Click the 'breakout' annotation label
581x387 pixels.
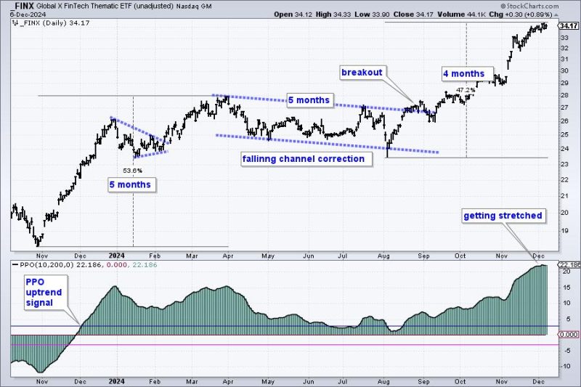(x=362, y=73)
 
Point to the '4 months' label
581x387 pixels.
(x=464, y=74)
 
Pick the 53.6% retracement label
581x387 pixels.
(x=132, y=170)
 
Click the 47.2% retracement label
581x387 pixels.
(x=465, y=89)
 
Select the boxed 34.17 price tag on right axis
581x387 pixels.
(x=566, y=25)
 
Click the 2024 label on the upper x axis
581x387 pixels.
(x=116, y=256)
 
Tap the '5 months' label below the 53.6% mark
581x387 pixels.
(x=131, y=185)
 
